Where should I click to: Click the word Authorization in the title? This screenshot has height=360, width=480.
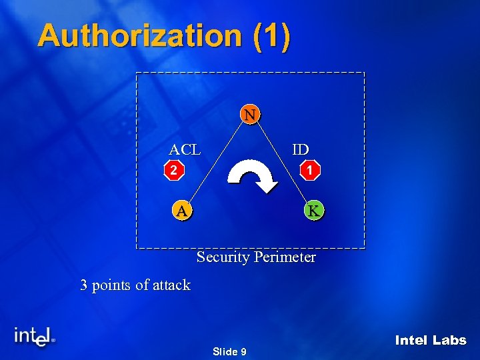tap(139, 35)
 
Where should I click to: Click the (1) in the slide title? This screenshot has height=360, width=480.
tap(272, 35)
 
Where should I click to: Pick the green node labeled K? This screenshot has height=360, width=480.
tap(314, 211)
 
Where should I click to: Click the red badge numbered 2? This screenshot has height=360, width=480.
tap(173, 171)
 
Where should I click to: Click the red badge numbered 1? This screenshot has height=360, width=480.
tap(310, 171)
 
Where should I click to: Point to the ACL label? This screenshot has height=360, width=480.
tap(185, 149)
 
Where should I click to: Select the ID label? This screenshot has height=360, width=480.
tap(300, 149)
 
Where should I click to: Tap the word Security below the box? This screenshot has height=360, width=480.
tap(223, 257)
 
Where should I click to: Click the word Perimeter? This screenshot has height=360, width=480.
tap(284, 257)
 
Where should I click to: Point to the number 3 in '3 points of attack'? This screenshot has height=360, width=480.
tap(84, 285)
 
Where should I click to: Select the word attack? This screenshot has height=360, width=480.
tap(171, 285)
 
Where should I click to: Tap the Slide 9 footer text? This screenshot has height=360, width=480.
tap(229, 351)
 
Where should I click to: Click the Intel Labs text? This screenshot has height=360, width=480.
tap(431, 340)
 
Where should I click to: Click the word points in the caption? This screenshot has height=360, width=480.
tap(111, 285)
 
